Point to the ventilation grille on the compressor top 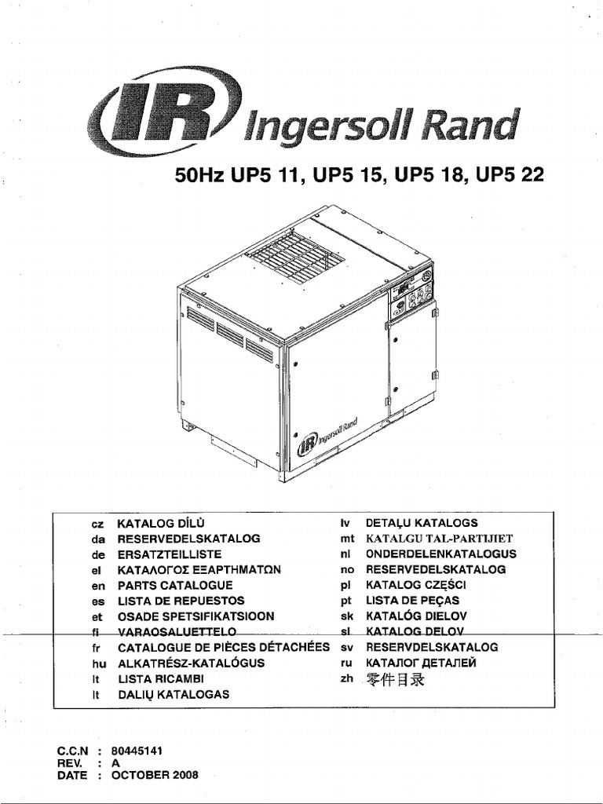point(291,254)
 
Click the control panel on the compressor point(409,294)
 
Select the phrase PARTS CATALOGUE point(175,585)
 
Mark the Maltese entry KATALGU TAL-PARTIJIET point(439,538)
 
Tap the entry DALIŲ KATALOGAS point(173,695)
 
